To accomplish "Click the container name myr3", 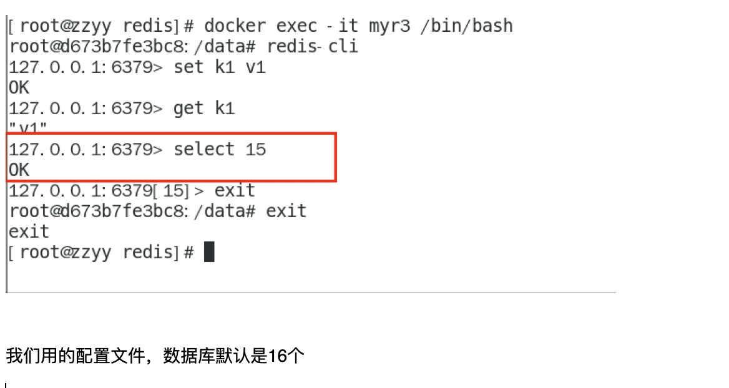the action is pos(389,26).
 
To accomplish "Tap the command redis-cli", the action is pos(312,46).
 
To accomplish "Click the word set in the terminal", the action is pos(188,67).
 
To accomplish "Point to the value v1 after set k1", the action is pos(256,67).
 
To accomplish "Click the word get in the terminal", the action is pos(188,109).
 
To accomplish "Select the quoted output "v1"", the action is pos(28,127).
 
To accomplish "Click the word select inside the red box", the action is pos(204,149).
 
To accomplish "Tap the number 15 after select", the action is pos(256,149).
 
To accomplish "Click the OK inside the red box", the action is pos(19,170).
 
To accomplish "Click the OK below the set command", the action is pos(19,87).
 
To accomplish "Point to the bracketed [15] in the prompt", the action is pos(171,190).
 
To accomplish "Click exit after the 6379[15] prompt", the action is pos(235,190).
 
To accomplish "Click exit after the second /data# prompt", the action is pos(286,211).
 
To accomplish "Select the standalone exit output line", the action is pos(29,231).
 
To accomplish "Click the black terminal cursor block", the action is pos(209,252).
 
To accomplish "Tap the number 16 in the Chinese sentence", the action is pos(278,356).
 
